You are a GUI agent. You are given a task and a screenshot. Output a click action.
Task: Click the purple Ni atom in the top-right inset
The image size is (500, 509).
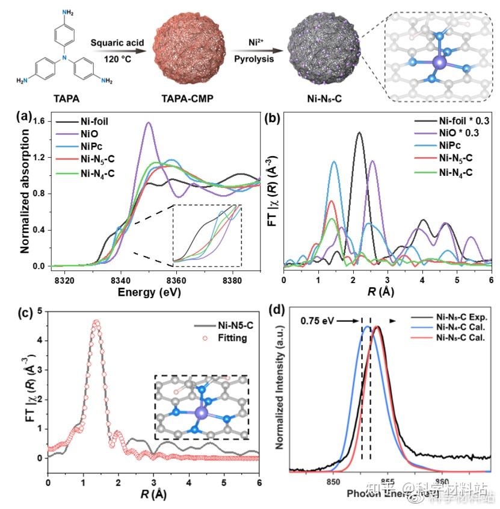[437, 62]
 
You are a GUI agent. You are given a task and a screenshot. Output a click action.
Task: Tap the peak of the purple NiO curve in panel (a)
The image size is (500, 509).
[148, 123]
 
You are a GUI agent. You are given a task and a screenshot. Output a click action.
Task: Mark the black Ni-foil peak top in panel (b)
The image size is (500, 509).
[359, 133]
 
